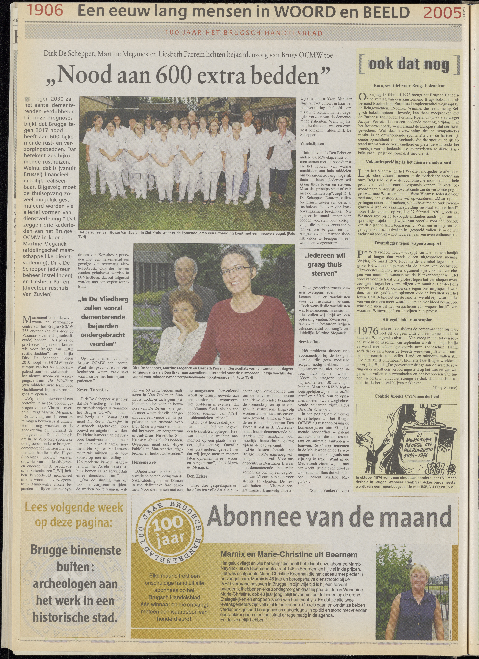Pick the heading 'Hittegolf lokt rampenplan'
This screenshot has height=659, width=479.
(x=407, y=320)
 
